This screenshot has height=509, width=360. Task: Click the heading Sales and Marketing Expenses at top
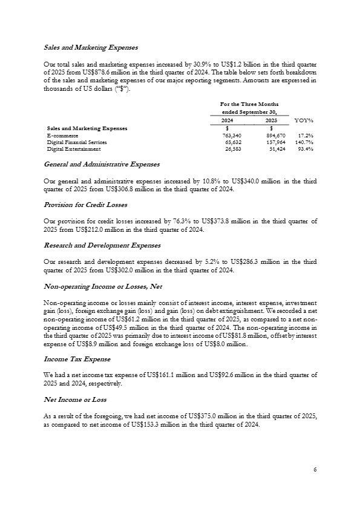[x=91, y=47]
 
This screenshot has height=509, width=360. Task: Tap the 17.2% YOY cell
[x=304, y=136]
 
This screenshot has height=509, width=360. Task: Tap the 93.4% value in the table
[x=304, y=148]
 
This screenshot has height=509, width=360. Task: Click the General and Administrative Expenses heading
[x=102, y=164]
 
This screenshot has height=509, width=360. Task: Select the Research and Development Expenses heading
[x=102, y=245]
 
